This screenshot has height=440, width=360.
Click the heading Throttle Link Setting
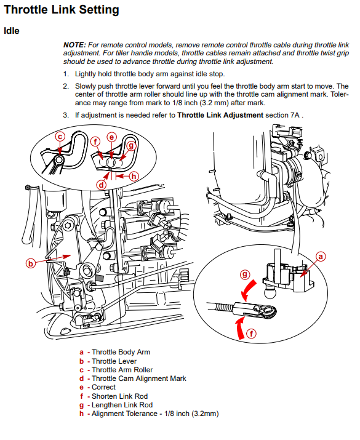click(x=62, y=10)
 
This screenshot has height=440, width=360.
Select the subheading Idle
click(x=12, y=31)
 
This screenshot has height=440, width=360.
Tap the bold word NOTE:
click(x=74, y=45)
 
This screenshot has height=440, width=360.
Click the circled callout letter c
click(x=60, y=137)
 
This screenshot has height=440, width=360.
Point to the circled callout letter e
click(x=111, y=137)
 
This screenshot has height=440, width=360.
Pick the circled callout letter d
click(x=102, y=185)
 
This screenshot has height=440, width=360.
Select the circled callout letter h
click(x=134, y=176)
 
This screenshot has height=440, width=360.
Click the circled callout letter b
click(x=31, y=263)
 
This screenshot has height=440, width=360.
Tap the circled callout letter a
click(x=321, y=257)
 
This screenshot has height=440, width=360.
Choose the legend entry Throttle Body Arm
click(x=121, y=352)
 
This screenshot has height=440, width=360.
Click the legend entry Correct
click(x=103, y=387)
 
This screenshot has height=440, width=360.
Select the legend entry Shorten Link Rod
click(x=119, y=396)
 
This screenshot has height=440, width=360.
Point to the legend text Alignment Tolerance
click(x=124, y=414)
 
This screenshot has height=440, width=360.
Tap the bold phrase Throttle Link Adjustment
click(x=220, y=115)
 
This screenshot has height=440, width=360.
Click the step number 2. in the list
click(x=66, y=86)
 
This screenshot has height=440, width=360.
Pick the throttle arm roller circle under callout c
click(x=60, y=160)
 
